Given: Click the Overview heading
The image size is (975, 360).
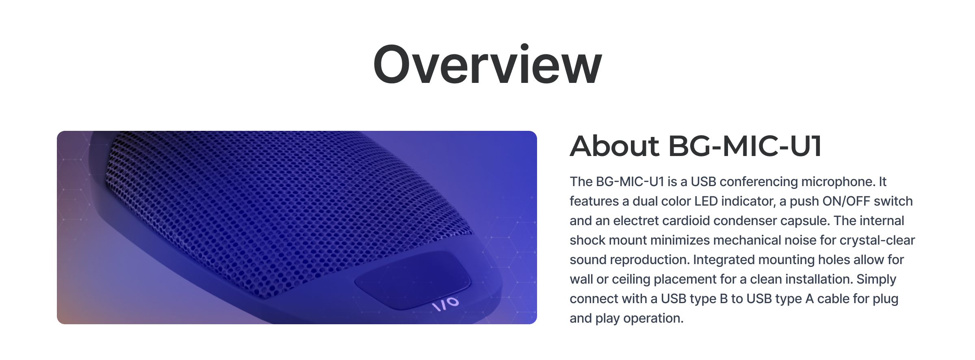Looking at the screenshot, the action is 487,65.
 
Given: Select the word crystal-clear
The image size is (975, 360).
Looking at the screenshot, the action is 877,241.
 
